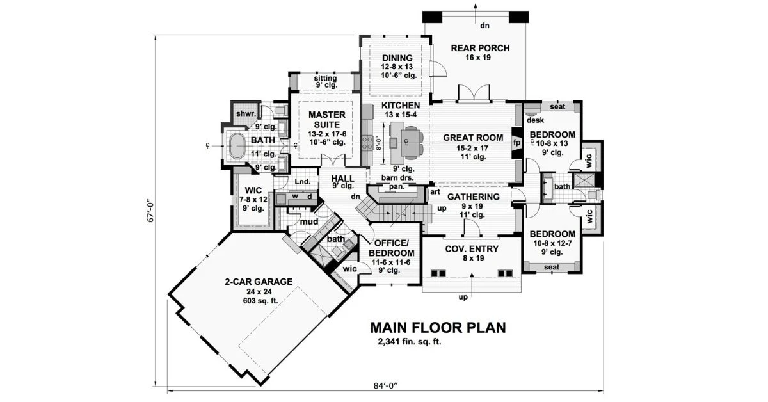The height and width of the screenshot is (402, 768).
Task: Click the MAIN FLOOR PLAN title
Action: point(438,328)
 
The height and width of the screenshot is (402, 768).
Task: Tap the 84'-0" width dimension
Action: point(385,385)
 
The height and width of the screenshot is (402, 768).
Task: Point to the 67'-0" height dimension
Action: point(151,212)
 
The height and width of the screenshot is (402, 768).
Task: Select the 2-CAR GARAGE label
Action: point(259,282)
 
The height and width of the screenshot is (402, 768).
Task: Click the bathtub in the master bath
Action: point(237,146)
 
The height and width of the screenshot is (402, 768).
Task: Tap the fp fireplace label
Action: point(516,143)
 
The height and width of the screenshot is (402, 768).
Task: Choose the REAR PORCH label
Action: point(480,48)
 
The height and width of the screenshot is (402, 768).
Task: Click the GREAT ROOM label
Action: point(473,138)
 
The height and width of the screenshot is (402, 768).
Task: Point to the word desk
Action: point(535,120)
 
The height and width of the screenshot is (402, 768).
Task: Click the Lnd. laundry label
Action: point(302,181)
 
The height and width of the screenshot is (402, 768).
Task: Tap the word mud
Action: point(309,222)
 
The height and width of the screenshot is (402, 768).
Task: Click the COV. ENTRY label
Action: point(472,248)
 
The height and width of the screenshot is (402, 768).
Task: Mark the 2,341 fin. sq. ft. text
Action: point(410,342)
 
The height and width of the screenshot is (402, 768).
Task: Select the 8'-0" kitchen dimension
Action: point(378,143)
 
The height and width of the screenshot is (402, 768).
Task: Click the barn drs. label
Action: point(397,178)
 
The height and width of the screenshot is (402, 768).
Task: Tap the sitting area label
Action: point(325,78)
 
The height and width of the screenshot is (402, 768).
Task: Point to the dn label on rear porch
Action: point(484,26)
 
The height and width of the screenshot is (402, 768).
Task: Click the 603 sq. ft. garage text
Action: point(259,301)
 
